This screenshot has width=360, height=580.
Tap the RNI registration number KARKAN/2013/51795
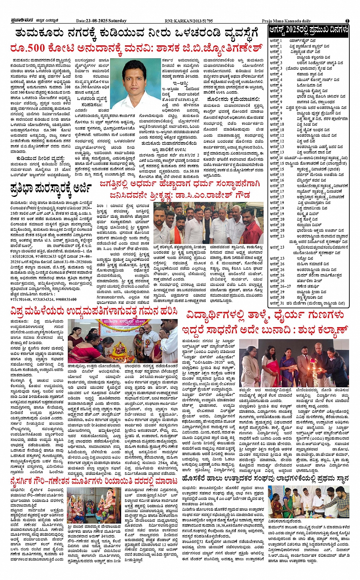(194, 21)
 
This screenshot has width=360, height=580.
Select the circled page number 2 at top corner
(347, 21)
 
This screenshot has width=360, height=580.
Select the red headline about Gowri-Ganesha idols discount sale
(94, 481)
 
